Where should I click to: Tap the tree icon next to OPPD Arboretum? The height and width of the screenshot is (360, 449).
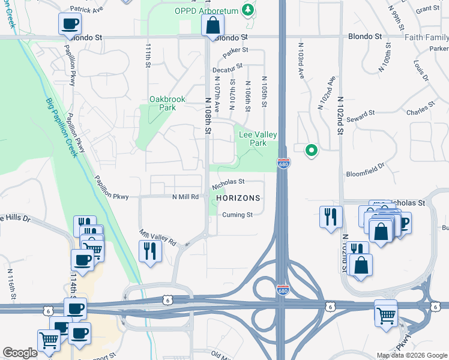247,10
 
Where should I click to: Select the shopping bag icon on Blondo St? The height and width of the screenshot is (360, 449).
212,25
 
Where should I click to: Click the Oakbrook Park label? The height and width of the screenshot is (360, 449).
167,103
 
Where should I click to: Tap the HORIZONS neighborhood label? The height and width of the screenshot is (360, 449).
238,198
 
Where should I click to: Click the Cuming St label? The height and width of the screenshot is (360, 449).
237,215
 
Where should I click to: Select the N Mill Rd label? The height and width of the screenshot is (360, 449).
185,197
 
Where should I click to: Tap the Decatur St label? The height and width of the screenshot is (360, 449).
228,69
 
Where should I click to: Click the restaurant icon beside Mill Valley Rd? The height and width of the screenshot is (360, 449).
149,251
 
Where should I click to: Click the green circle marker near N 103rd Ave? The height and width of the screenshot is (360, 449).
311,150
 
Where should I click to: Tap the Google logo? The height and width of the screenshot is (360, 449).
20,353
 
